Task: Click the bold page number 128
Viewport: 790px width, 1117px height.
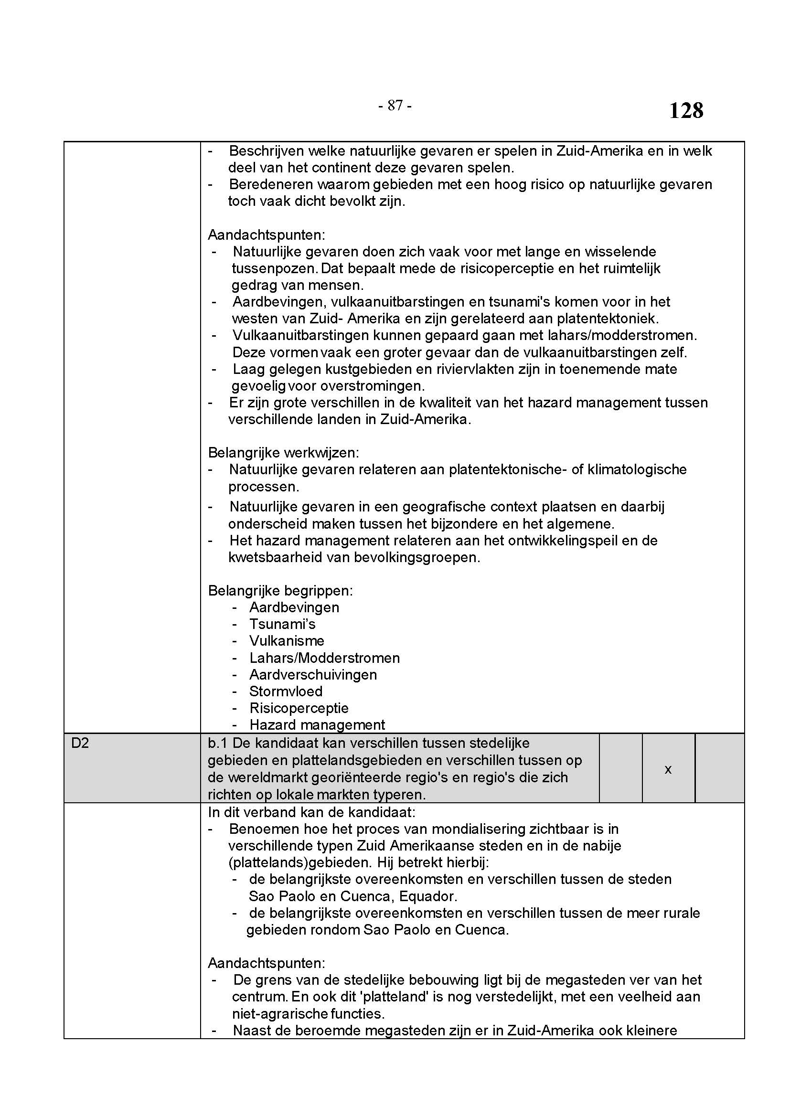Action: pyautogui.click(x=686, y=110)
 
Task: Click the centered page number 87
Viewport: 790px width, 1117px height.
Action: pyautogui.click(x=395, y=106)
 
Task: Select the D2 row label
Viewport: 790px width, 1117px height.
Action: pyautogui.click(x=80, y=744)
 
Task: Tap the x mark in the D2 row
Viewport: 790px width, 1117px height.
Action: pyautogui.click(x=668, y=769)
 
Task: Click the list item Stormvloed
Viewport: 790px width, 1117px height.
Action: pyautogui.click(x=286, y=691)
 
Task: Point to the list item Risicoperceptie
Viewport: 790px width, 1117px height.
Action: pyautogui.click(x=299, y=708)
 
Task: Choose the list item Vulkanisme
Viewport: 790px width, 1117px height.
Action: pyautogui.click(x=287, y=641)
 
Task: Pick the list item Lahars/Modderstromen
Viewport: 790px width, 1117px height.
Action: pyautogui.click(x=324, y=658)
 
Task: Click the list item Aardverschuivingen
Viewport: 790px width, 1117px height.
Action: pyautogui.click(x=313, y=675)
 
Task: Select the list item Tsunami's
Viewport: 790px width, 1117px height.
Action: pyautogui.click(x=282, y=624)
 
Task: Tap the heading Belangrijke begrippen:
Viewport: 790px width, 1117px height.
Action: pyautogui.click(x=280, y=591)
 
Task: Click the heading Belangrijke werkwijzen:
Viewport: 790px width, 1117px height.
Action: pyautogui.click(x=283, y=452)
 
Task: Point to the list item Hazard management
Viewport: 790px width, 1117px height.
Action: pyautogui.click(x=317, y=725)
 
